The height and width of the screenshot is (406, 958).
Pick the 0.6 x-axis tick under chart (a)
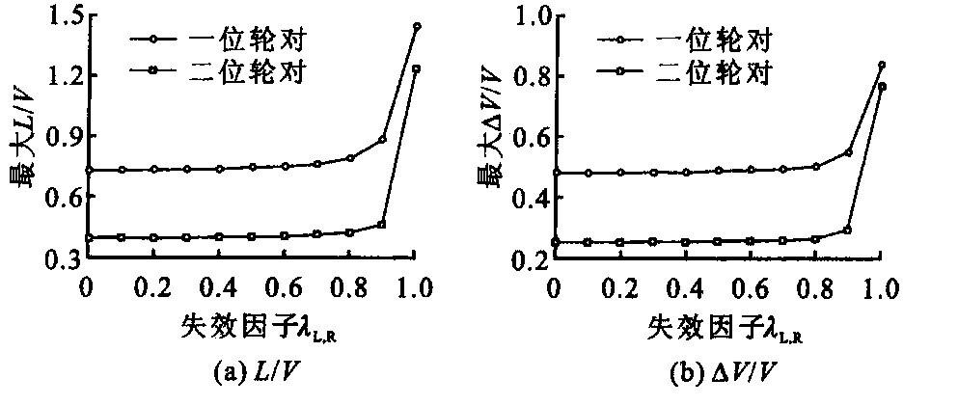[x=284, y=287]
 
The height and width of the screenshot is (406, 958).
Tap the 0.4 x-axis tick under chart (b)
[x=684, y=287]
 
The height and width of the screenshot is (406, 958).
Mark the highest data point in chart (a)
[x=417, y=26]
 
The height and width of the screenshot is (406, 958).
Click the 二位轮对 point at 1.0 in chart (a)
[x=417, y=68]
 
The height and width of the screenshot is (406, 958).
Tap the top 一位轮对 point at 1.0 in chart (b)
[x=881, y=65]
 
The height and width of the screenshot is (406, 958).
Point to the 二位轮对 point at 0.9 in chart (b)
[x=847, y=230]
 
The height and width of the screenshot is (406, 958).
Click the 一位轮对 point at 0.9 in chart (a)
[x=382, y=139]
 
